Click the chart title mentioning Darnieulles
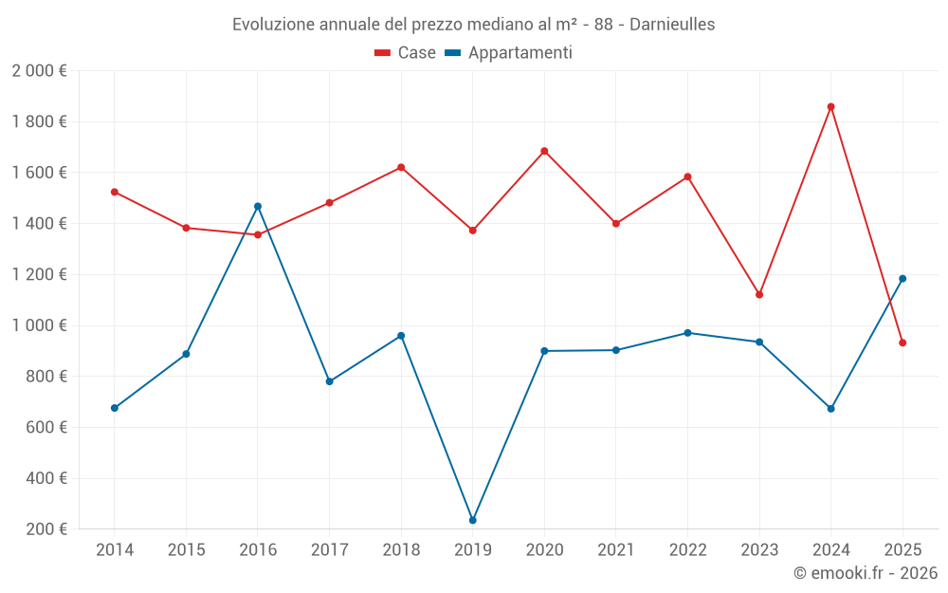473,24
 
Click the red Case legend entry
405,53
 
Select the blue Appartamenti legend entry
508,53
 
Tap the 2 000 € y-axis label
39,71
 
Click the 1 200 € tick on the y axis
39,275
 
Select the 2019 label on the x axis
472,550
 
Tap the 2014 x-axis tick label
114,550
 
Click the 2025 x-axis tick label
902,550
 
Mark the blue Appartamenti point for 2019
472,520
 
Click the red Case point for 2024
830,107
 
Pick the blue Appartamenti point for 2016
258,206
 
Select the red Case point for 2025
902,343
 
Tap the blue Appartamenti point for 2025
902,279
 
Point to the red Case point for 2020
544,151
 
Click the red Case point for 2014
115,192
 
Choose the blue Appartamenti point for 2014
115,408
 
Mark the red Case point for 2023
759,294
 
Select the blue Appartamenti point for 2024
830,409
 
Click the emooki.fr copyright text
865,573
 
